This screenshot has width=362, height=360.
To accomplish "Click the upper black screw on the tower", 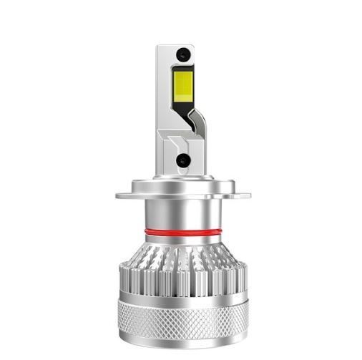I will pos(183,54).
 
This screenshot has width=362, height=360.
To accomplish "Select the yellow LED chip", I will pos(182,85).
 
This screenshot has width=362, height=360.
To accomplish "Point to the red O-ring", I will pos(183,232).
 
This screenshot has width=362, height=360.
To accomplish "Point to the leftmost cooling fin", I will pos(122,276).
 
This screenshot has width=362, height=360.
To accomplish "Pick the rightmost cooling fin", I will pos(243,276).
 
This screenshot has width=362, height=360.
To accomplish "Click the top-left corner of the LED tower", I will pos(158,47).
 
